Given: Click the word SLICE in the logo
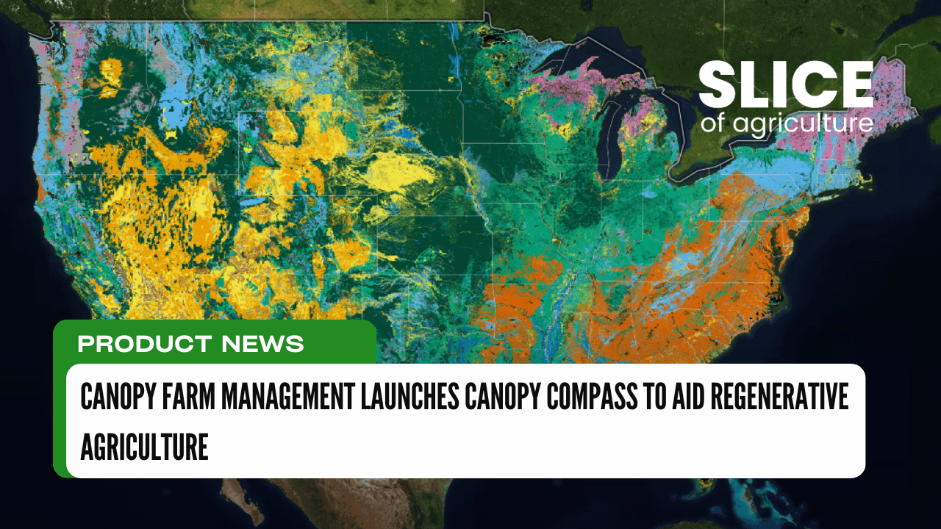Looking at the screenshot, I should tap(785, 86).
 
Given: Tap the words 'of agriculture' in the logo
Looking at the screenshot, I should tap(787, 123).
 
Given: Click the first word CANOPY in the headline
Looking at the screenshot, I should tap(115, 398).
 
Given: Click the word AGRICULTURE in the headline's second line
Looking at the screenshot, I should tap(144, 446).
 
